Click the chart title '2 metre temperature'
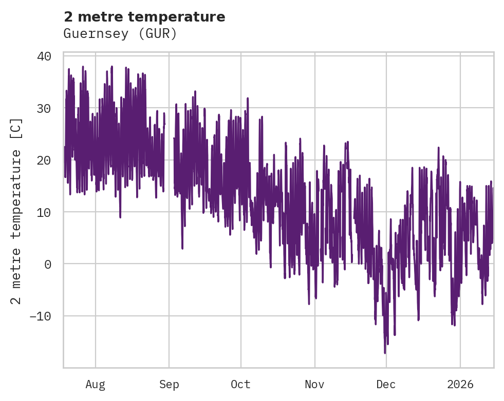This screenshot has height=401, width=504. pyautogui.click(x=144, y=17)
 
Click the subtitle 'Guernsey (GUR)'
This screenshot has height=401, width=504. pyautogui.click(x=120, y=34)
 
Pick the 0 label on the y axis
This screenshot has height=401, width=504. pyautogui.click(x=48, y=264)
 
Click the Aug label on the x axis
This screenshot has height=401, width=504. pyautogui.click(x=96, y=384)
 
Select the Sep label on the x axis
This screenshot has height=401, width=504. pyautogui.click(x=169, y=384)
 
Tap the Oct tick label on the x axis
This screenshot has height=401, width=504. pyautogui.click(x=240, y=384)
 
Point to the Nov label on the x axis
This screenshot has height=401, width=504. pyautogui.click(x=314, y=384)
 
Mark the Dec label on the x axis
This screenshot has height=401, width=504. pyautogui.click(x=386, y=384)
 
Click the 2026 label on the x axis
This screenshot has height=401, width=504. pyautogui.click(x=460, y=384)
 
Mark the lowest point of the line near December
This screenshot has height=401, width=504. pyautogui.click(x=385, y=353)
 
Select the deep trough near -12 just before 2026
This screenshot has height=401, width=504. pyautogui.click(x=454, y=325)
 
